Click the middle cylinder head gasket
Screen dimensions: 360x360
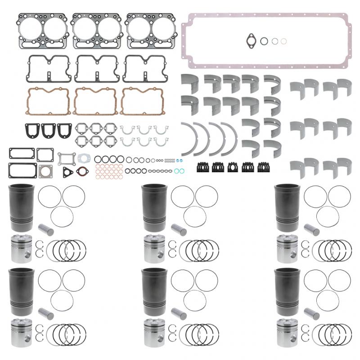[97, 31]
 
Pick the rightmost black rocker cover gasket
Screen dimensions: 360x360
[144, 68]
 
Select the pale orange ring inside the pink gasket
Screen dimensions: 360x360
[283, 41]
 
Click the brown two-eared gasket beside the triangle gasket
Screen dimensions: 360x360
[81, 171]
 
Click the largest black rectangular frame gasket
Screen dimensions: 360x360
[22, 170]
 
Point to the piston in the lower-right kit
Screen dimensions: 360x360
[287, 333]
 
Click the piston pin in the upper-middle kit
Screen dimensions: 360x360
[179, 230]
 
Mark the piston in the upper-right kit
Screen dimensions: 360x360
[287, 249]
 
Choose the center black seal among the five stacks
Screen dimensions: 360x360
[233, 168]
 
